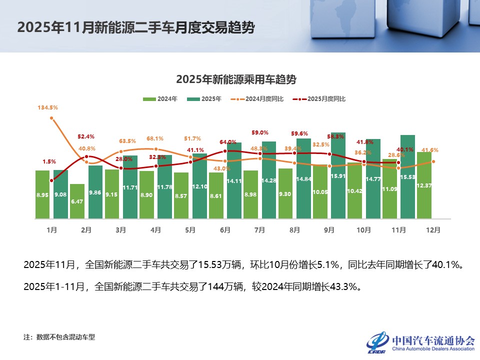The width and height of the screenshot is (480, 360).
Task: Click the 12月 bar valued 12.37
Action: (x=424, y=185)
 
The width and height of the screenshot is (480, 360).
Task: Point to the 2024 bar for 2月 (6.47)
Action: (x=77, y=201)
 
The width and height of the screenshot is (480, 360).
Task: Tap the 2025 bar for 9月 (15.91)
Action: (x=338, y=175)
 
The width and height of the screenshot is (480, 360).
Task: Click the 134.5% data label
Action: (x=47, y=107)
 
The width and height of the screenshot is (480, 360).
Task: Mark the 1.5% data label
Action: (x=49, y=161)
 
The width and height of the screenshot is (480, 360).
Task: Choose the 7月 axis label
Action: (x=259, y=230)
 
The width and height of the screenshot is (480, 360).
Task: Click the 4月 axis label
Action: (x=155, y=230)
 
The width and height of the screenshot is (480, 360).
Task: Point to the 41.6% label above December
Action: (x=430, y=150)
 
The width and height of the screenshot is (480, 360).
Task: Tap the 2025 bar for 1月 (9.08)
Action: (x=60, y=194)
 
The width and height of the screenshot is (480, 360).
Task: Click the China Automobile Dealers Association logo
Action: (x=420, y=343)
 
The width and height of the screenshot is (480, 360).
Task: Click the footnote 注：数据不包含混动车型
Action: (x=59, y=337)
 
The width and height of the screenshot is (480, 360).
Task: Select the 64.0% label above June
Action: (x=227, y=142)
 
